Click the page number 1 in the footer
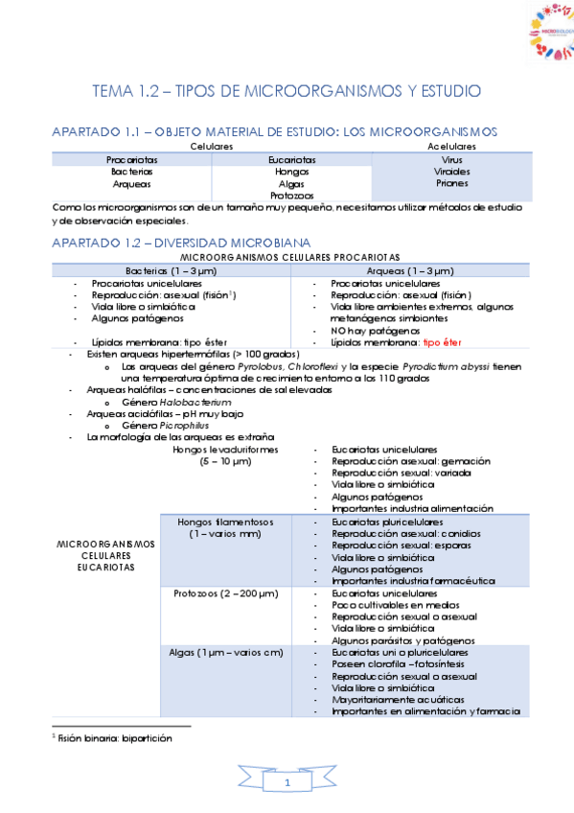(x=287, y=784)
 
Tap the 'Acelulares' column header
(x=451, y=146)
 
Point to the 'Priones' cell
(x=451, y=182)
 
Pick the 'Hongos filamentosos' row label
(x=225, y=522)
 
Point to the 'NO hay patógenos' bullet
(x=371, y=331)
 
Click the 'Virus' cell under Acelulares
(x=451, y=158)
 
